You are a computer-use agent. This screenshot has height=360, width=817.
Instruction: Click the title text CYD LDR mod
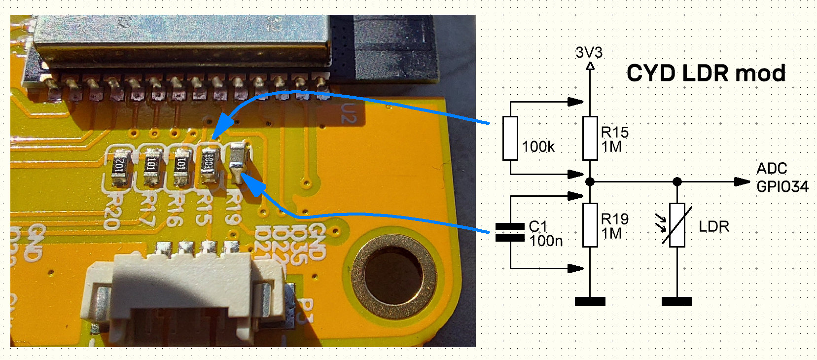(x=706, y=73)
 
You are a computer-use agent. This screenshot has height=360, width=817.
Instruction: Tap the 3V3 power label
(x=589, y=52)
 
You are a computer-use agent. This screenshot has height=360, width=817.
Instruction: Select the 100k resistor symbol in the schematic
(x=510, y=138)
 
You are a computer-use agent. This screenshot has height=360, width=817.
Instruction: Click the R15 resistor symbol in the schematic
(x=590, y=138)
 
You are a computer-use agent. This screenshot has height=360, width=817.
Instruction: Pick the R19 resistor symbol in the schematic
(x=590, y=225)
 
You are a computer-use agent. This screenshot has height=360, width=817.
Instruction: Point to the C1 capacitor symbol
(x=510, y=232)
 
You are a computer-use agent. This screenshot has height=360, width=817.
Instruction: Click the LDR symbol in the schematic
(x=677, y=225)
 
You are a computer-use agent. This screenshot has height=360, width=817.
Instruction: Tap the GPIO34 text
(x=782, y=187)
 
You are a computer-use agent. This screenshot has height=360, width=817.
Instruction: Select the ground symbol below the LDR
(x=677, y=301)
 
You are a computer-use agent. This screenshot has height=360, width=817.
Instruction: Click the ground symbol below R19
(x=590, y=301)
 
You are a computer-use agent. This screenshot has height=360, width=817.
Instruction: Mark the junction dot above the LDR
(x=677, y=182)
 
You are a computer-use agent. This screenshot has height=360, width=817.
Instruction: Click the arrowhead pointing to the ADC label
(x=742, y=182)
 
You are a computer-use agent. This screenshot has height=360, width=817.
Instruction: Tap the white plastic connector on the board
(x=185, y=296)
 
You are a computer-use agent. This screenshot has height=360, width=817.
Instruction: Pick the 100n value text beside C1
(x=546, y=241)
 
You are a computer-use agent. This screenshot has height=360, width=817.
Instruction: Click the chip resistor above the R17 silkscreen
(x=151, y=165)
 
